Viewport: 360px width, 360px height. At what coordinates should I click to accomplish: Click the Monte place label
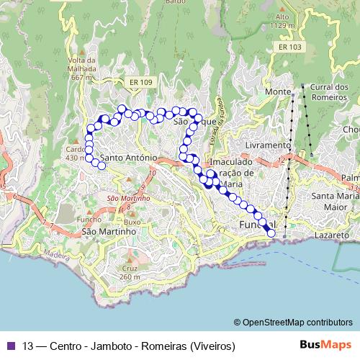pyautogui.click(x=277, y=92)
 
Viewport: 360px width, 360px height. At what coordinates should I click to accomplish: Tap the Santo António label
pyautogui.click(x=129, y=156)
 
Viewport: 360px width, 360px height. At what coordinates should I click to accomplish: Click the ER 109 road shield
pyautogui.click(x=142, y=83)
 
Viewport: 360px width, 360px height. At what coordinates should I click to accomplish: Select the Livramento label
pyautogui.click(x=267, y=145)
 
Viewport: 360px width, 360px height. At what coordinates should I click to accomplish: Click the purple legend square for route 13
pyautogui.click(x=9, y=346)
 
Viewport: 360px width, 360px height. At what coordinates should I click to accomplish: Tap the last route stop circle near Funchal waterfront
pyautogui.click(x=271, y=233)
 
